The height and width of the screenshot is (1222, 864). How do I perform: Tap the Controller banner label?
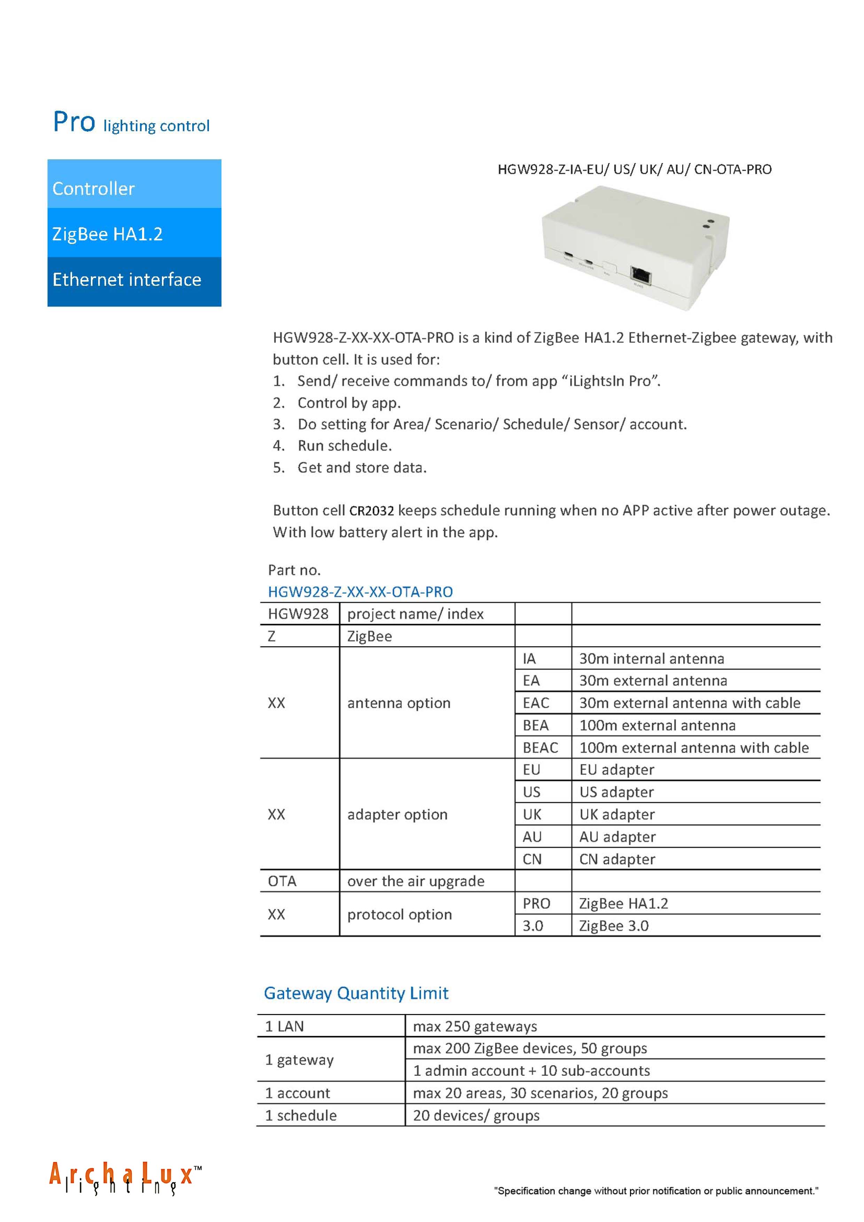pos(94,188)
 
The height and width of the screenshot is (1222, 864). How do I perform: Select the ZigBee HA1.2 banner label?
pos(108,234)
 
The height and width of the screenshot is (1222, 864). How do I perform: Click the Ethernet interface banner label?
pos(127,279)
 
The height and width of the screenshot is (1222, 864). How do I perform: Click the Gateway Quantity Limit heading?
pos(356,993)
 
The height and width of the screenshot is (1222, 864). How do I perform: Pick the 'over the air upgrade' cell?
pos(415,881)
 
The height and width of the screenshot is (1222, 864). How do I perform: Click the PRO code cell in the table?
pos(536,904)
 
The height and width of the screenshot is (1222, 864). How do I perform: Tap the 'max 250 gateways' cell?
pos(475,1026)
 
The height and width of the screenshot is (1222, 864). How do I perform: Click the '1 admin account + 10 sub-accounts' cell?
pos(531,1071)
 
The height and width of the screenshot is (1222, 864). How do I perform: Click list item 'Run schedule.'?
pos(344,446)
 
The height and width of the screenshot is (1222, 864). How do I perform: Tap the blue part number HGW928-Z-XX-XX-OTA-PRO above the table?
pos(360,592)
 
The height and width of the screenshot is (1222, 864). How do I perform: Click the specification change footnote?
pos(656,1191)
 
